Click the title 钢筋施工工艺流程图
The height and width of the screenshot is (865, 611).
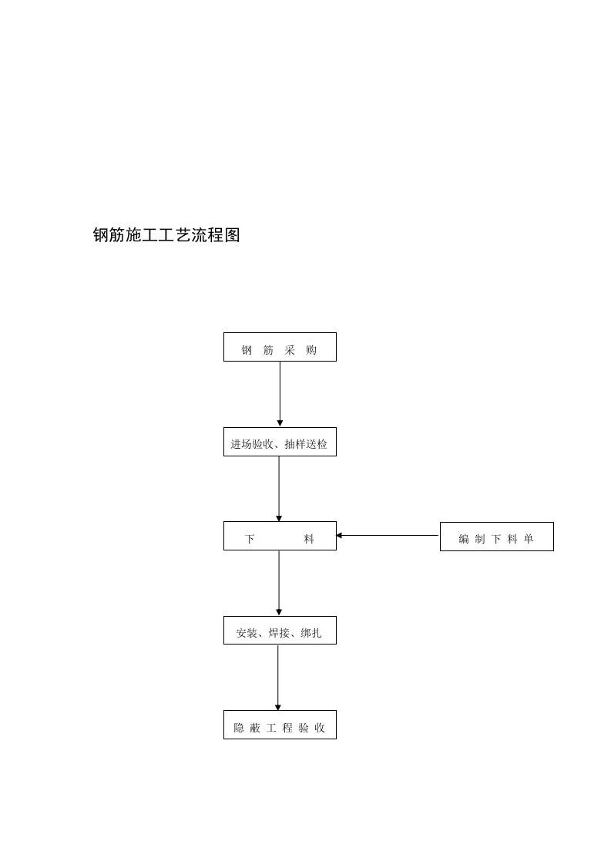point(166,235)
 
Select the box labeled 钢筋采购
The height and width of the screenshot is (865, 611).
point(280,347)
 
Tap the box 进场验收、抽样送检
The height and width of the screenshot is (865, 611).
point(280,442)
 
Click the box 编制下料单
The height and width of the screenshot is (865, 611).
point(496,537)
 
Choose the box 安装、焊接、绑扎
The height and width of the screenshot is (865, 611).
point(280,630)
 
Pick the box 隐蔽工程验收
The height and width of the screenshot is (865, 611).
point(280,725)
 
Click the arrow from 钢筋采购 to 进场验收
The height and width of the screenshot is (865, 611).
point(280,393)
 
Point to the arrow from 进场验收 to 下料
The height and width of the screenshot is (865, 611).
point(279,488)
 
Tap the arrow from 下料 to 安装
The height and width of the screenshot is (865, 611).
point(279,583)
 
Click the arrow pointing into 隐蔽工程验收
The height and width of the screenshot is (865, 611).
point(278,677)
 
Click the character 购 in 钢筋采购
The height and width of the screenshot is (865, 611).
point(311,351)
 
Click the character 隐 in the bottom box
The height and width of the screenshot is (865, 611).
point(239,728)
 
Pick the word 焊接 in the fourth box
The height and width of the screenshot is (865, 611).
point(279,634)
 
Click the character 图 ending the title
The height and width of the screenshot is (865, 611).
point(232,235)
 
